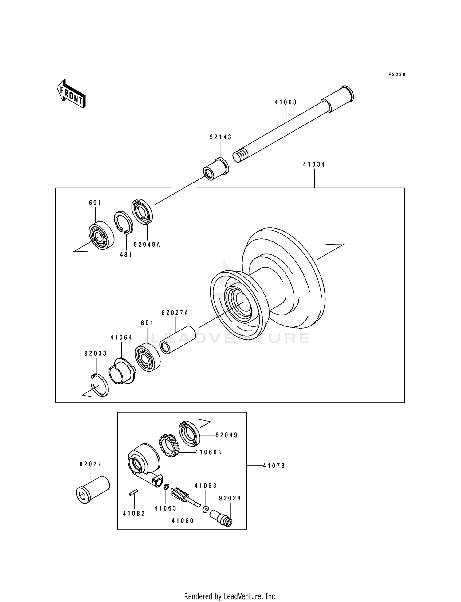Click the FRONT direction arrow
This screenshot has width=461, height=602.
pyautogui.click(x=71, y=93)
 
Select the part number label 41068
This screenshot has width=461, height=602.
pyautogui.click(x=286, y=102)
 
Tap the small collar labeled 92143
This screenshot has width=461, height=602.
pyautogui.click(x=216, y=169)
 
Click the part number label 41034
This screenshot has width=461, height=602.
pyautogui.click(x=314, y=164)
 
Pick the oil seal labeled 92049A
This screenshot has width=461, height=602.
pyautogui.click(x=142, y=210)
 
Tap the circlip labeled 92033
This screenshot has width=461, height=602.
pyautogui.click(x=100, y=385)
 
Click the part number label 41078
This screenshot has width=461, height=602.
pyautogui.click(x=274, y=466)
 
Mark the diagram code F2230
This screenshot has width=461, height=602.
pyautogui.click(x=397, y=75)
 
